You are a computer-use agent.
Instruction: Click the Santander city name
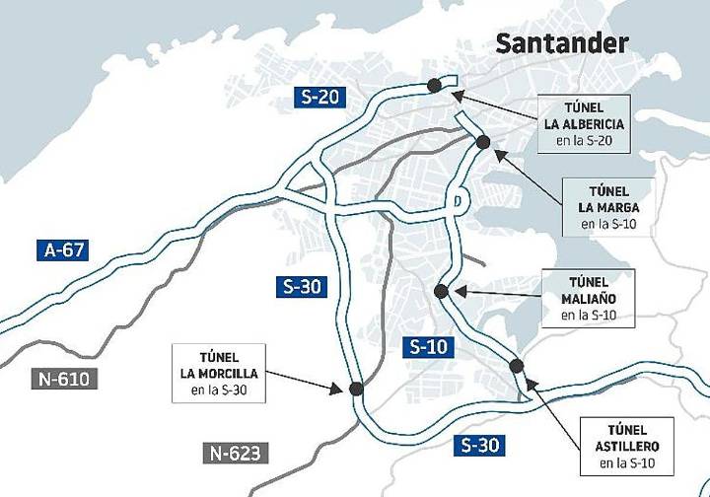point(561,43)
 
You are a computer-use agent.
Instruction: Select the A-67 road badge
point(66,249)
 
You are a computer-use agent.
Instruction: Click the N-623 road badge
point(236,453)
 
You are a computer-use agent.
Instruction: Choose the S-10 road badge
point(429,346)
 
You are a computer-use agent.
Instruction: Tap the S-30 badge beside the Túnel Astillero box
point(480,445)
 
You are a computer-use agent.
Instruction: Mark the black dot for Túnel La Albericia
point(434,86)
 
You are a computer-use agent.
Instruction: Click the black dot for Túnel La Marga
point(483,142)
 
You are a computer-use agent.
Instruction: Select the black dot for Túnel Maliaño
point(441,291)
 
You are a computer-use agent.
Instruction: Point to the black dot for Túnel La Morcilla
point(356,390)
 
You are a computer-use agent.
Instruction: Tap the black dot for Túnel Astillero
point(517,367)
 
